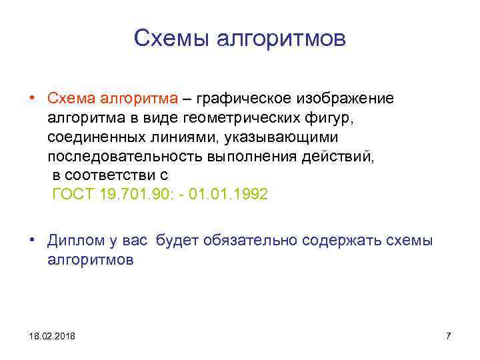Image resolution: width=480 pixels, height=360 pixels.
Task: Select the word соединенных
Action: click(96, 137)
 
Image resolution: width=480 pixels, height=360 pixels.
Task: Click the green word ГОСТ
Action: click(72, 195)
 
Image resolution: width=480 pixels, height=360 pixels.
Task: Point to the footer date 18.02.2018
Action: click(52, 336)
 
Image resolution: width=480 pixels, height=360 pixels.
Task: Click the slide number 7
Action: click(448, 336)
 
